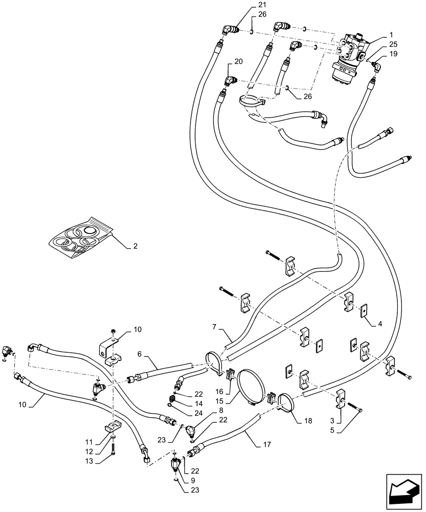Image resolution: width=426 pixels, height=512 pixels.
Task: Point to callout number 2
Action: click(135, 246)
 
